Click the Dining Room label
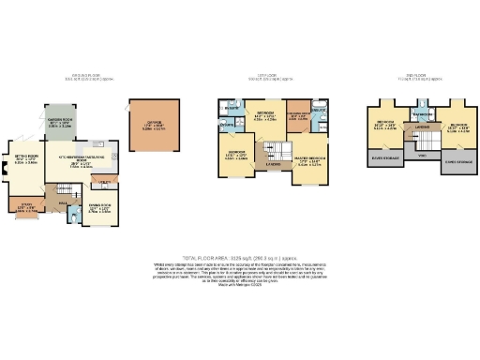[x=99, y=209]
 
